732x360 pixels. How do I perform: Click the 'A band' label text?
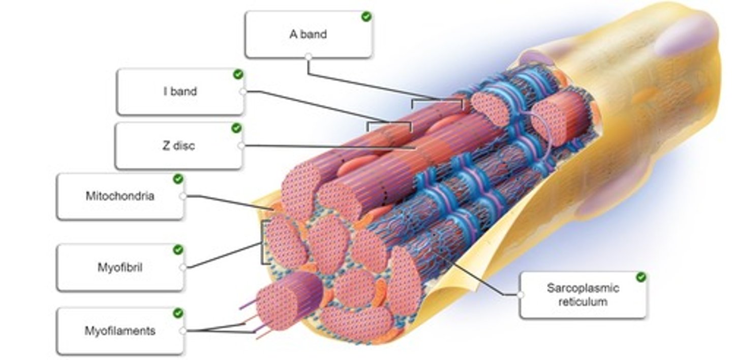(308, 35)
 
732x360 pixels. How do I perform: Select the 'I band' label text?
(180, 92)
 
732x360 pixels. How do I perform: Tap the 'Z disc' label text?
(178, 146)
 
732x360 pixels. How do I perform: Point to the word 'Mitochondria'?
(120, 196)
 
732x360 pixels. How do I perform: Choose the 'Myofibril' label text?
(120, 267)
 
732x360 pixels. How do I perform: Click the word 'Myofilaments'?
(120, 331)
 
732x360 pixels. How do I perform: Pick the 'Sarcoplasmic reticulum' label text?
(583, 295)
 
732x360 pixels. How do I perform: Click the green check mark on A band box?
(366, 17)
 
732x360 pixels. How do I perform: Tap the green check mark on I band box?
(238, 74)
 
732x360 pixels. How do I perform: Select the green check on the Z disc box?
(236, 128)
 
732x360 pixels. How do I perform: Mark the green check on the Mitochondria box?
(178, 179)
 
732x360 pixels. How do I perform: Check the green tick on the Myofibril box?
(178, 250)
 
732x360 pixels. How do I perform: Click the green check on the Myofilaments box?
(178, 313)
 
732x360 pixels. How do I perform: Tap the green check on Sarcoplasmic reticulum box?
(641, 277)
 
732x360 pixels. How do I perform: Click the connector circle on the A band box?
(308, 57)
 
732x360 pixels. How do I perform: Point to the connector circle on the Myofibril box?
(183, 267)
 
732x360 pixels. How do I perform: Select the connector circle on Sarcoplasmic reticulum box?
(521, 294)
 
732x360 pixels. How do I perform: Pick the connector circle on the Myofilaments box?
(183, 331)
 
